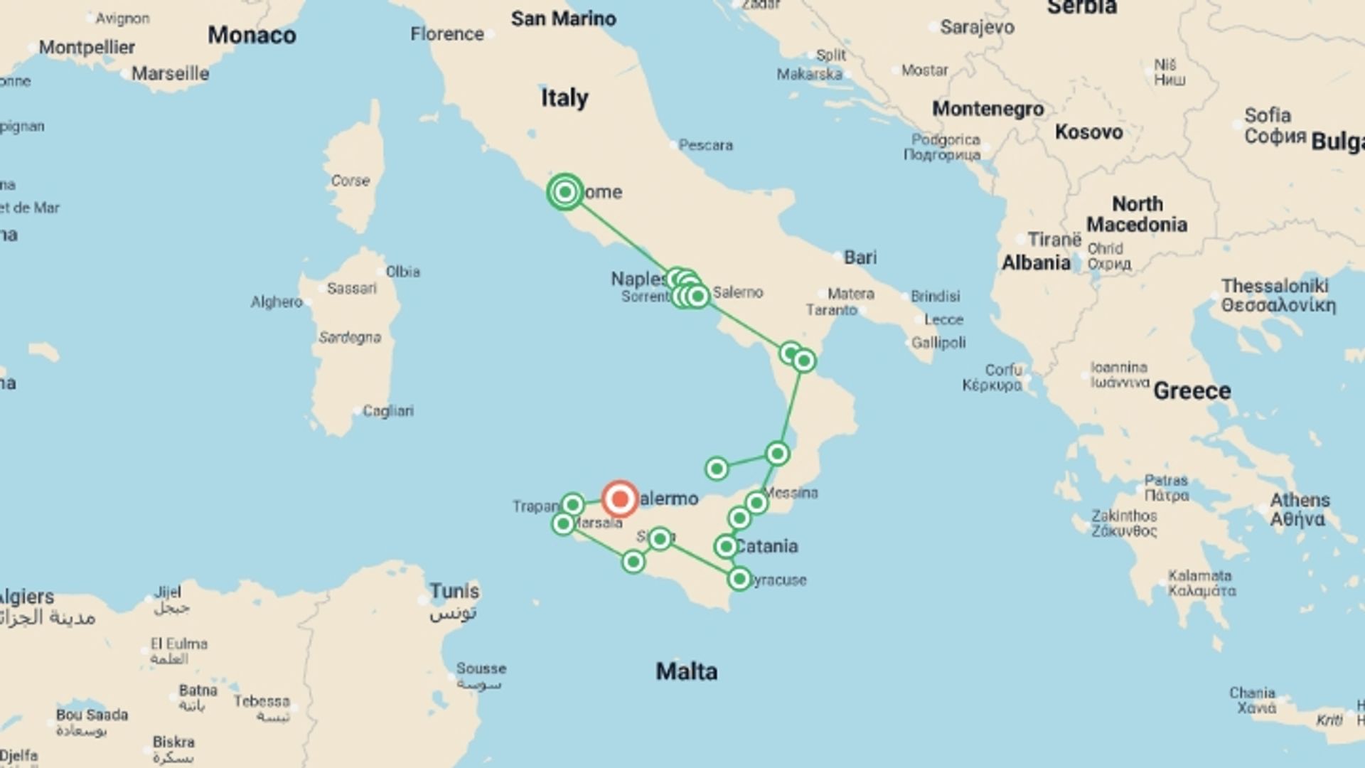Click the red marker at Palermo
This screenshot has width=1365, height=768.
coord(620,499)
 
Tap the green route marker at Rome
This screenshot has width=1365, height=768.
coord(565,192)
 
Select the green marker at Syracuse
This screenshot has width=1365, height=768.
coord(739,580)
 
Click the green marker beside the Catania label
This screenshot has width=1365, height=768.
coord(726,546)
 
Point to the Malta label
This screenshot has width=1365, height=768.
coord(686,671)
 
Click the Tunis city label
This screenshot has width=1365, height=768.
coord(454,592)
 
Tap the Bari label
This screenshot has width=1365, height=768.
coord(860,257)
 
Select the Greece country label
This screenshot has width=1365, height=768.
coord(1192,391)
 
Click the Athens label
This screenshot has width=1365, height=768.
coord(1300,501)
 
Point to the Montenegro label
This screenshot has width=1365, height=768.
coord(987,109)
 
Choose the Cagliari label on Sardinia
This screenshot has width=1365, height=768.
coord(387,411)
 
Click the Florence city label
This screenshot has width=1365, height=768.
coord(446,34)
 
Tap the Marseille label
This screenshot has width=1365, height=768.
coord(170,74)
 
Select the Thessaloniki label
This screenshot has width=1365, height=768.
coord(1275,286)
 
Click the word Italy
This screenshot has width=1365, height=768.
coord(564,97)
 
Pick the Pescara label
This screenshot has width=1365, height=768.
coord(705,145)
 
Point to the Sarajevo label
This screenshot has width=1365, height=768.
coord(977,28)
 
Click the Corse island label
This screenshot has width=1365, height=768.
coord(350,181)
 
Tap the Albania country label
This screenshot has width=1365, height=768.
coord(1036,263)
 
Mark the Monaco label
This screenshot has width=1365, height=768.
coord(252,36)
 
